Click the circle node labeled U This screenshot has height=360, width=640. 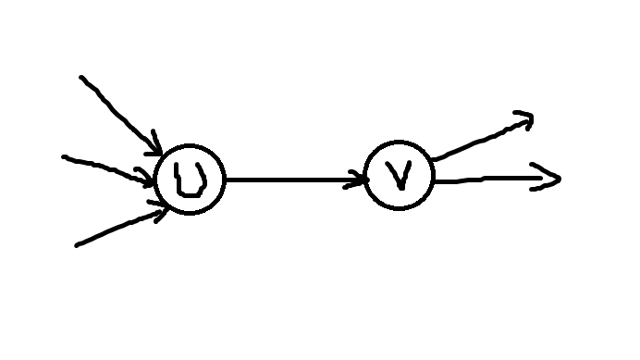tap(190, 180)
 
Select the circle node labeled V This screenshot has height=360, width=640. tap(400, 176)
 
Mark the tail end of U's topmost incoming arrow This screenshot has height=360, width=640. tap(81, 77)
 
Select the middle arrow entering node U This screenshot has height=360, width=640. tap(106, 167)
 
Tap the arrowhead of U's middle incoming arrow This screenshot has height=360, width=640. tap(151, 179)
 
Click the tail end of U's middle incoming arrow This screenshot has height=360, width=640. tap(64, 157)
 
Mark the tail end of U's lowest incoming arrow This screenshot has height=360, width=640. tap(77, 245)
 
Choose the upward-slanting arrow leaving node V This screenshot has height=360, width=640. tap(481, 138)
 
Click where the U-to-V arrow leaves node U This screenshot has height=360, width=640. tap(225, 180)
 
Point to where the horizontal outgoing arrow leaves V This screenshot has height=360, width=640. tap(434, 181)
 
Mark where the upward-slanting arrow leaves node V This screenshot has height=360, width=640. tap(430, 159)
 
